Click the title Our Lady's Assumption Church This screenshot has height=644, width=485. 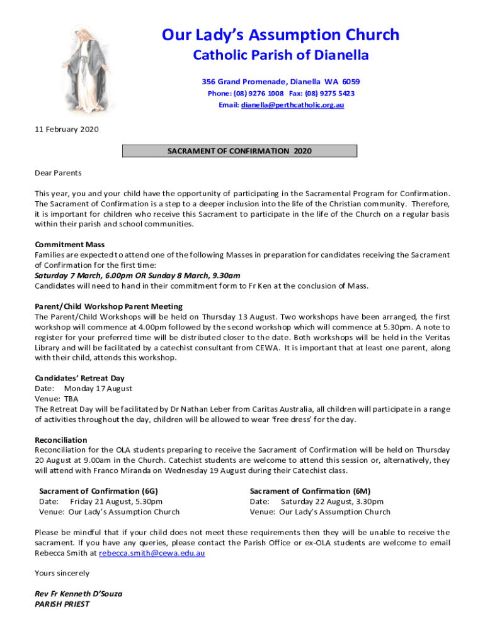280,35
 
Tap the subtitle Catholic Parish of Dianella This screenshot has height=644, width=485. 280,56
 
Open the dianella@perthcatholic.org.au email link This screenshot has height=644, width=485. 292,105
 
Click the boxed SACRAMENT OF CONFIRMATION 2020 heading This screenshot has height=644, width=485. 239,151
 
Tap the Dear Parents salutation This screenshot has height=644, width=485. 58,173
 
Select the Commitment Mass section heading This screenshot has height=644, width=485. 69,245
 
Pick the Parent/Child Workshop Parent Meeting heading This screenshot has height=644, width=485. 108,306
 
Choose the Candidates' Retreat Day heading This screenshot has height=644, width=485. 79,378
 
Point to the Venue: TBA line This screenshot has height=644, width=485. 56,399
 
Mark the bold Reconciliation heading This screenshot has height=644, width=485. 61,440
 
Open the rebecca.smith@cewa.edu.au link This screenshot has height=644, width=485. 152,553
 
